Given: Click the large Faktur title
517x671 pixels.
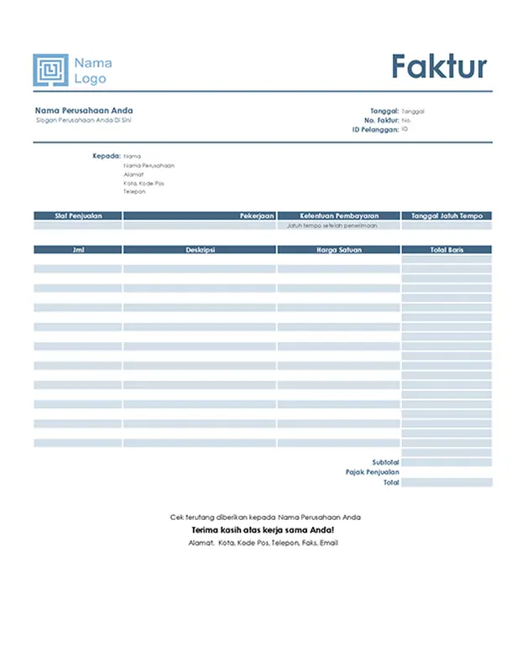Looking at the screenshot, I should [x=439, y=65].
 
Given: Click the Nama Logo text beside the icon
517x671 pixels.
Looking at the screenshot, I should [x=92, y=71].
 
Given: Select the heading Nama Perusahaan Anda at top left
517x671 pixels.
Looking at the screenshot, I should [x=84, y=111].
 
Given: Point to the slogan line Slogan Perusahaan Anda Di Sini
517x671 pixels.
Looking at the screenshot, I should [x=83, y=121].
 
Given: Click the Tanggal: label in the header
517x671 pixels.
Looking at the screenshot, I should [x=384, y=111].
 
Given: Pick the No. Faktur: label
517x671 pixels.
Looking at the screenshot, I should [x=380, y=120].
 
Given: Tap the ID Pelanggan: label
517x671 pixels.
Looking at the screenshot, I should [x=375, y=129].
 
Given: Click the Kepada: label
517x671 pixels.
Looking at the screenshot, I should [x=107, y=156].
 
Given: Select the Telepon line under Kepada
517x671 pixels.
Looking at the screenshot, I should [x=133, y=191].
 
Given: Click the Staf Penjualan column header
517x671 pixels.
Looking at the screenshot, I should [x=77, y=216].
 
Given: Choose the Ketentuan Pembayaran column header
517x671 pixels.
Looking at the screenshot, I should [x=338, y=216].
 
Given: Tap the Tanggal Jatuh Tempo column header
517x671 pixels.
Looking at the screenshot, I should [x=446, y=216].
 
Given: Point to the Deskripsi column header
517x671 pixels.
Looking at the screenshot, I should [x=199, y=250].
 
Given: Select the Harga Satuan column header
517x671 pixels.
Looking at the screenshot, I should [x=338, y=250].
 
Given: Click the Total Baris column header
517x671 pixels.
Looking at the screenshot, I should [x=446, y=250].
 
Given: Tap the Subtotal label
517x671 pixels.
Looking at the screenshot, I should [x=385, y=462].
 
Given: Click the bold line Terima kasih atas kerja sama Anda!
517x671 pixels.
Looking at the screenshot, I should [x=263, y=531].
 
